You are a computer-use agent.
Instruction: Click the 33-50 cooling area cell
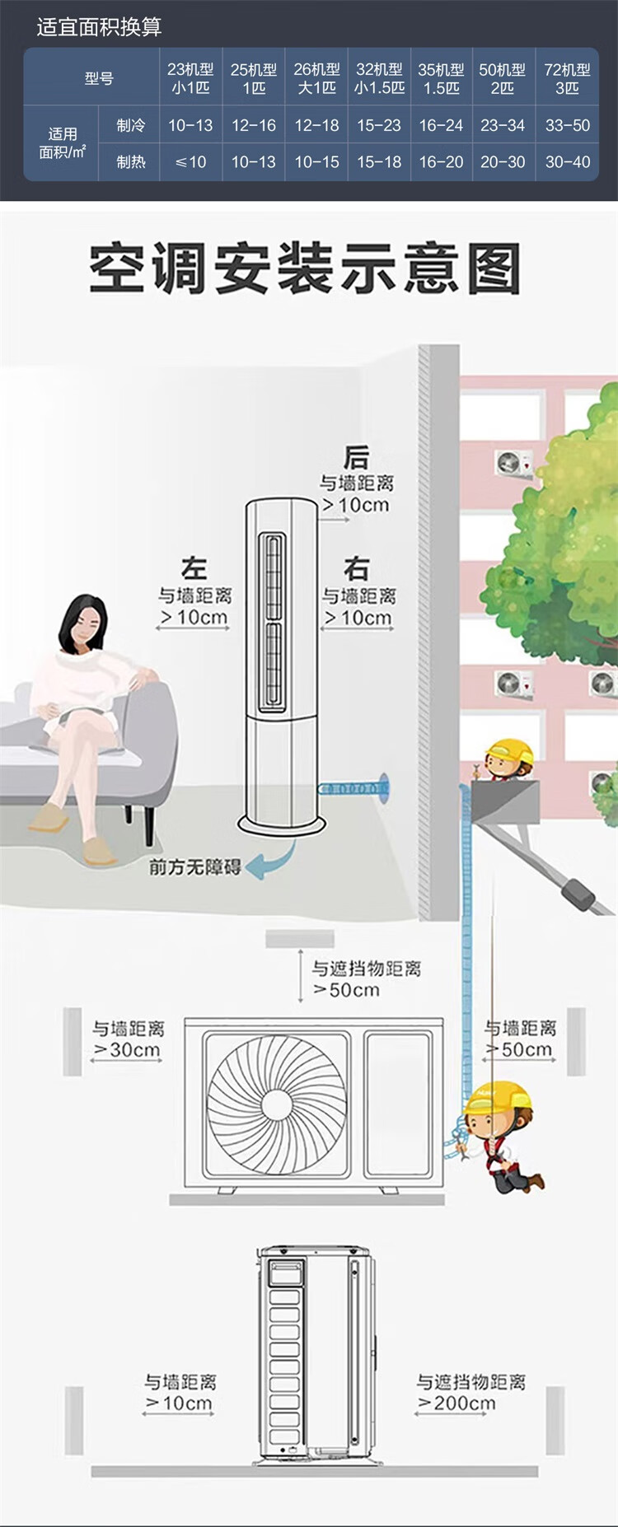click(x=568, y=125)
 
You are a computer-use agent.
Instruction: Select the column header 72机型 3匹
click(x=568, y=78)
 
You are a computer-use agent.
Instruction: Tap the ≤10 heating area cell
click(x=190, y=162)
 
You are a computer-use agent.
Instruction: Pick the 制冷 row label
click(x=131, y=125)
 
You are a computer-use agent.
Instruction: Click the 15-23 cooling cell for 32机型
click(x=379, y=125)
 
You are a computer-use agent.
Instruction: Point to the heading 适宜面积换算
click(x=99, y=27)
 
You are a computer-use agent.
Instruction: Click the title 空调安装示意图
click(x=305, y=269)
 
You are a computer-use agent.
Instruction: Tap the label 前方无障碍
click(x=194, y=866)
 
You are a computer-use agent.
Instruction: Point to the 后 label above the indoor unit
click(x=356, y=457)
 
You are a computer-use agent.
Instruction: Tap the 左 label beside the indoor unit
click(x=194, y=568)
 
